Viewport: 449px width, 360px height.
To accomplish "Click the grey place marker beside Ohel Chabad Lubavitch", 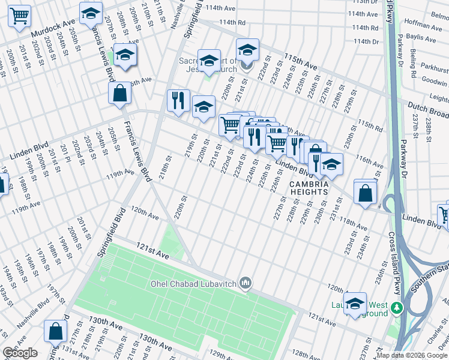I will [x=245, y=282].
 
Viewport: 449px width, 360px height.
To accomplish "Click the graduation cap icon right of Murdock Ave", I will [x=91, y=13].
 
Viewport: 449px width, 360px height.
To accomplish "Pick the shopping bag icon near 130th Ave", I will [x=55, y=331].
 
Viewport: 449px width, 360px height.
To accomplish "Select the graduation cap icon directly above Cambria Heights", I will [x=331, y=164].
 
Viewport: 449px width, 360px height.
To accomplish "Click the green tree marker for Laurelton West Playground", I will [x=396, y=308].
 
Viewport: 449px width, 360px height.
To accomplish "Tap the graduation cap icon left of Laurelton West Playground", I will [x=355, y=303].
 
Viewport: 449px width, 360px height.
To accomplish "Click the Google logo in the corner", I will [x=20, y=353].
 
